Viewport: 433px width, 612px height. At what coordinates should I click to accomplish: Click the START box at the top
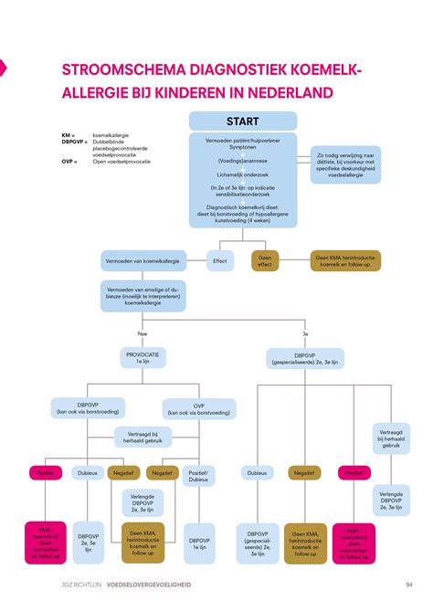pyautogui.click(x=242, y=121)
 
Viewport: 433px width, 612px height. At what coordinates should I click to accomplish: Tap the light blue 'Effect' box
pyautogui.click(x=220, y=261)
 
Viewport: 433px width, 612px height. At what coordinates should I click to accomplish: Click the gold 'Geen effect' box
pyautogui.click(x=265, y=261)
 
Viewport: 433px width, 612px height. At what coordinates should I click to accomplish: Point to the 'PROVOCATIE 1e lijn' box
pyautogui.click(x=142, y=358)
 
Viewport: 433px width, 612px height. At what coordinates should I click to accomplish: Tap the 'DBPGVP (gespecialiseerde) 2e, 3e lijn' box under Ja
pyautogui.click(x=304, y=358)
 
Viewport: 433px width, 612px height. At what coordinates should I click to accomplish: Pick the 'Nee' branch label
pyautogui.click(x=142, y=333)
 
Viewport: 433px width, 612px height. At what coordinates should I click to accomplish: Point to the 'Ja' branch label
pyautogui.click(x=305, y=333)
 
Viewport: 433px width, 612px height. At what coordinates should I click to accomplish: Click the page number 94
pyautogui.click(x=409, y=585)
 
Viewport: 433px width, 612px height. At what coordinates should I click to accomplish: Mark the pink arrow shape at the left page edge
pyautogui.click(x=3, y=66)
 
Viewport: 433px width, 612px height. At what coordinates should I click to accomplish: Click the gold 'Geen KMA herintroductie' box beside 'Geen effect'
pyautogui.click(x=345, y=261)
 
